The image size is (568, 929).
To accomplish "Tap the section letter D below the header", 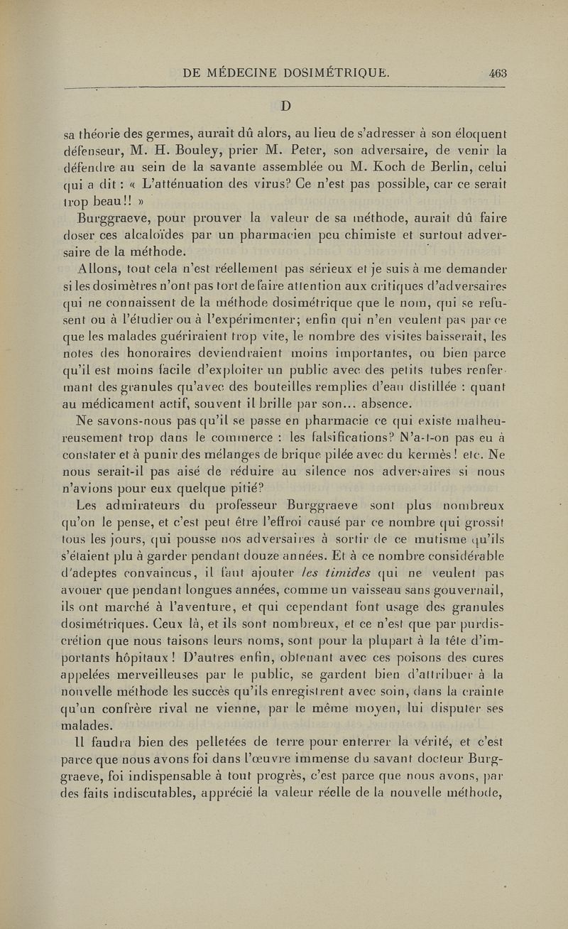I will point(284,107).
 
